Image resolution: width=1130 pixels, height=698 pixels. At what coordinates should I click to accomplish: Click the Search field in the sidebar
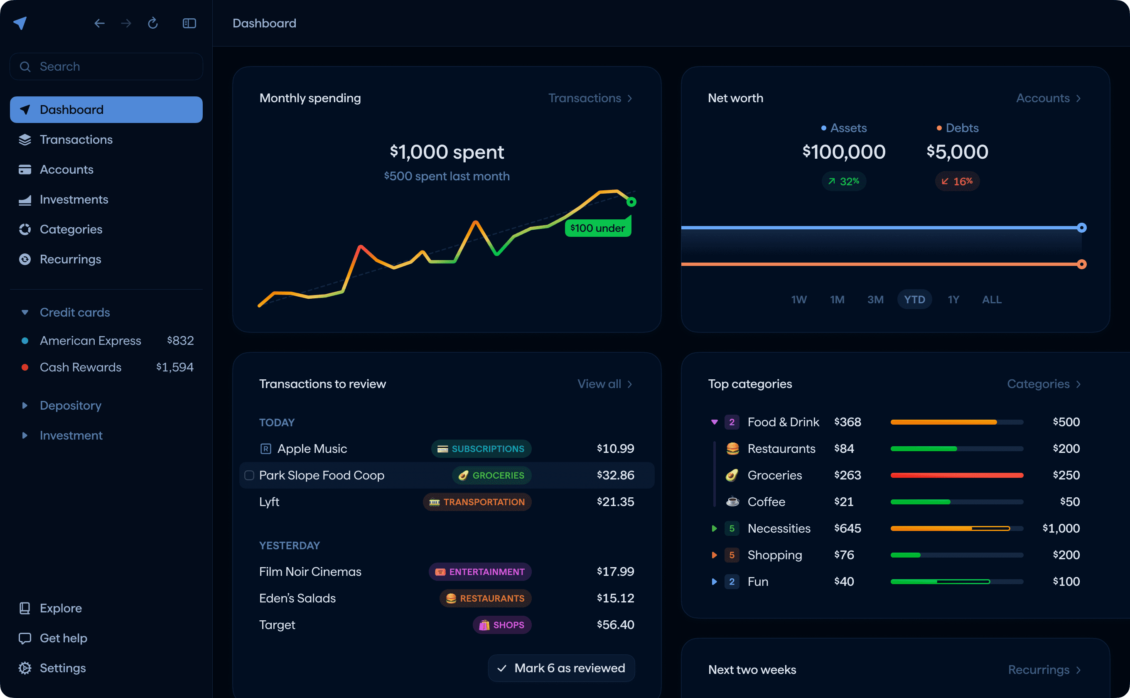[x=106, y=66]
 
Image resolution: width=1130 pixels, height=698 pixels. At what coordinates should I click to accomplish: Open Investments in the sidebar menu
[x=74, y=199]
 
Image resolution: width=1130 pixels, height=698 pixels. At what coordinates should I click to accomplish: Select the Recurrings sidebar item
[x=70, y=259]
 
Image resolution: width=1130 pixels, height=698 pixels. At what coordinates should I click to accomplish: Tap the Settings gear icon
[x=25, y=668]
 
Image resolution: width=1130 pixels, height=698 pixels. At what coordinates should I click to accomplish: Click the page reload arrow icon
[x=153, y=23]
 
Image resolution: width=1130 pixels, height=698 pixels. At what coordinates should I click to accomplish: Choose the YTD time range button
[x=914, y=300]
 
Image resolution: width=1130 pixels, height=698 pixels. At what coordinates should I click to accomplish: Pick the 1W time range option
[x=798, y=300]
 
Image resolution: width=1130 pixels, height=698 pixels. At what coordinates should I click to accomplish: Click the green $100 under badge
[x=597, y=228]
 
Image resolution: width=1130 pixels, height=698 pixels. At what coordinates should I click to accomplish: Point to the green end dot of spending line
[x=631, y=202]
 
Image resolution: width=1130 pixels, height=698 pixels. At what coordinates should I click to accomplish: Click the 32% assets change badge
[x=843, y=182]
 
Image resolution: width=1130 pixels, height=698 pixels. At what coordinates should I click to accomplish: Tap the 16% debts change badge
[x=957, y=182]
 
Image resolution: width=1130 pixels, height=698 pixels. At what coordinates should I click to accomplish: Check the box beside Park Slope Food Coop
[x=249, y=475]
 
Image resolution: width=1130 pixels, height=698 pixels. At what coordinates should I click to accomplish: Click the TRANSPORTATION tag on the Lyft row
[x=477, y=502]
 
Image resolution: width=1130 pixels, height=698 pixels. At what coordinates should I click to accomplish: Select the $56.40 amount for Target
[x=615, y=624]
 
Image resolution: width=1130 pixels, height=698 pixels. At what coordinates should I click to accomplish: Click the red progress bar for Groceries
[x=956, y=475]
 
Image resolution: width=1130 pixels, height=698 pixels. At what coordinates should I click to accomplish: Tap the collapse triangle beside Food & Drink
[x=714, y=422]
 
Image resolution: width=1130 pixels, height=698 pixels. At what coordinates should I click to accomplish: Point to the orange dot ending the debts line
[x=1081, y=265]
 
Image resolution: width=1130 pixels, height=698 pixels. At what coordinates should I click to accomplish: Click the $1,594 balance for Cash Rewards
[x=174, y=367]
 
